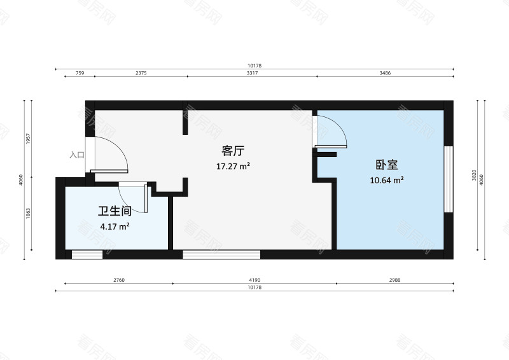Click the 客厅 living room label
coord(233,151)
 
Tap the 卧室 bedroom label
coord(387,165)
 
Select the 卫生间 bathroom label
coord(115,211)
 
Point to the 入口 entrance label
coord(77,155)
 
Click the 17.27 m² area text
coord(233,166)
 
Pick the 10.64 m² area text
coord(387,180)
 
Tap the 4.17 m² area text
coord(115,226)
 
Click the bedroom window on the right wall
coord(449,179)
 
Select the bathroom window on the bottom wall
coord(87,254)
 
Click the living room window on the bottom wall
coord(221,254)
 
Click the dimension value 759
coord(80,73)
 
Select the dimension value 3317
coord(252,73)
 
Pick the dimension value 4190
coord(255,280)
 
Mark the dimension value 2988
coord(394,280)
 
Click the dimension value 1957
coord(28,139)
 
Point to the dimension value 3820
coord(474,175)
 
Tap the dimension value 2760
coord(119,280)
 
